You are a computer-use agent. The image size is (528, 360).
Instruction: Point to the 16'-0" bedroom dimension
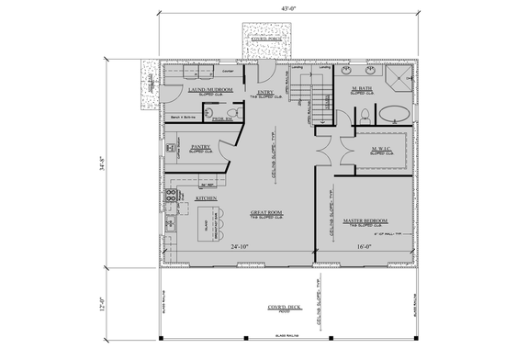(364, 247)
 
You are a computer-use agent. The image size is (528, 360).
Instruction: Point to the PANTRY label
(201, 146)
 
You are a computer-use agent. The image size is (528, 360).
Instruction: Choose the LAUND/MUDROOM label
(210, 90)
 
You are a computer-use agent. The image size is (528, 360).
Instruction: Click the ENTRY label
(265, 92)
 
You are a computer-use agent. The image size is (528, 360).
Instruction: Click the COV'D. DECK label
(286, 307)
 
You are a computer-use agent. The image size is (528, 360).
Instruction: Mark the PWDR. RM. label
(220, 118)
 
